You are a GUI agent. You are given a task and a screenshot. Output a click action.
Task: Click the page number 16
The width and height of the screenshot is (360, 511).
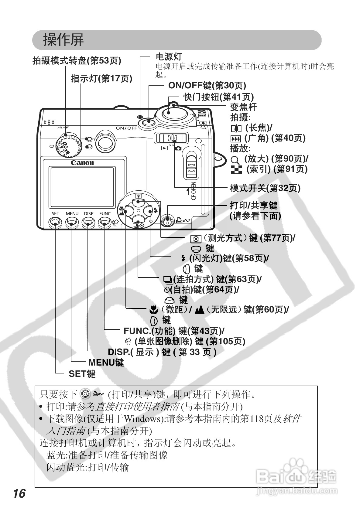click(19, 493)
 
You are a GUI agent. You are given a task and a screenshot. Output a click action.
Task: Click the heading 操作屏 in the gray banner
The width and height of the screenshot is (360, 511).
click(63, 40)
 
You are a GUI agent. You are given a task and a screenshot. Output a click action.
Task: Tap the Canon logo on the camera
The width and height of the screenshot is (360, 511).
click(82, 163)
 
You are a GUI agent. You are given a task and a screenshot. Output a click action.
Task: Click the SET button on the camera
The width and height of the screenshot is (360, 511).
click(55, 223)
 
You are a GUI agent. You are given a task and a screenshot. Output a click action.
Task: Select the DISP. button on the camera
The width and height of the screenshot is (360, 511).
click(88, 223)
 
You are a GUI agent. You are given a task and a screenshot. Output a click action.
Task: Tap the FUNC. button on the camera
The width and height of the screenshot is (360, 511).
click(105, 223)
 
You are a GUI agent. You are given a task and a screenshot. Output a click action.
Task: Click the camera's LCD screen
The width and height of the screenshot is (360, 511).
click(82, 187)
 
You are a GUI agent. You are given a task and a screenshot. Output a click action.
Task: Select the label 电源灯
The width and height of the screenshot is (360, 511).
click(169, 57)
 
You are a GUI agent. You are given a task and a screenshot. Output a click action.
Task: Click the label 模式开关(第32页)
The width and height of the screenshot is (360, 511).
click(265, 188)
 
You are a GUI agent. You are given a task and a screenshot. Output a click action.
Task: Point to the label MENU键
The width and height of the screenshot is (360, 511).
click(106, 363)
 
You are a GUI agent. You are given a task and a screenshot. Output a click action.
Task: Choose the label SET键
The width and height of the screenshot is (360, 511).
click(82, 374)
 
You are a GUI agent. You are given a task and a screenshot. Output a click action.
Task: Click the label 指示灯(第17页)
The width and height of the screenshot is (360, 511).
click(101, 79)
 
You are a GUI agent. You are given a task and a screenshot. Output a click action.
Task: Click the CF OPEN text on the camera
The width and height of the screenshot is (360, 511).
click(194, 191)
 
